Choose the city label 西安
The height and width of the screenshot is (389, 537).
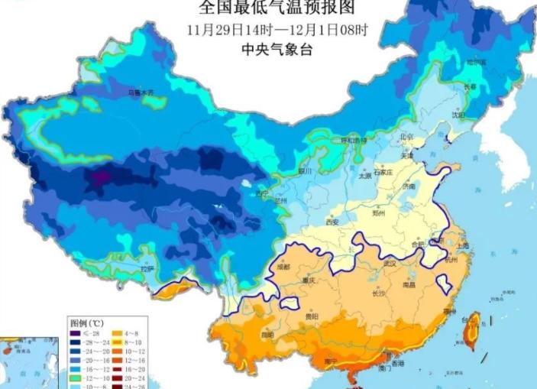point(332,222)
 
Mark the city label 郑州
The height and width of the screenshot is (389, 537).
point(379,213)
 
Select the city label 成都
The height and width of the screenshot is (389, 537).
point(284,267)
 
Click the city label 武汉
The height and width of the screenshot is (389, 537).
point(391,264)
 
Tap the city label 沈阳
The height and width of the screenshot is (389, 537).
point(458,115)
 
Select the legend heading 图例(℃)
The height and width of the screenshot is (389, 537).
point(86,323)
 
